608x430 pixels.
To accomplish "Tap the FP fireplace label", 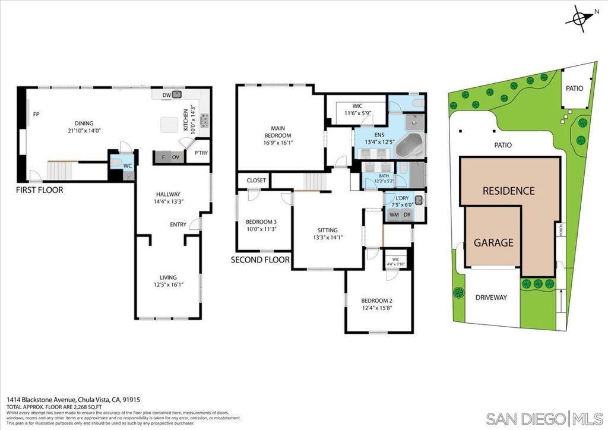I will click(x=36, y=114).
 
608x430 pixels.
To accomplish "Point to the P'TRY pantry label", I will click(x=200, y=153).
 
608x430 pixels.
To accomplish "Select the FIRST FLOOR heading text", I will click(x=39, y=190).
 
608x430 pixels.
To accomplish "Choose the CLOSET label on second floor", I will click(x=256, y=181).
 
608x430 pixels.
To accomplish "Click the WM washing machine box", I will click(x=394, y=215).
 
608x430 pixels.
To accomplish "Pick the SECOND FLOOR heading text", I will click(x=260, y=260).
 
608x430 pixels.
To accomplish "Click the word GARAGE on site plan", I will click(x=493, y=242).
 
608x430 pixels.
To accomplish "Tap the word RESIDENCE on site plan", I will click(x=508, y=191).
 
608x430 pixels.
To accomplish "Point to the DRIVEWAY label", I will click(x=491, y=297).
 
